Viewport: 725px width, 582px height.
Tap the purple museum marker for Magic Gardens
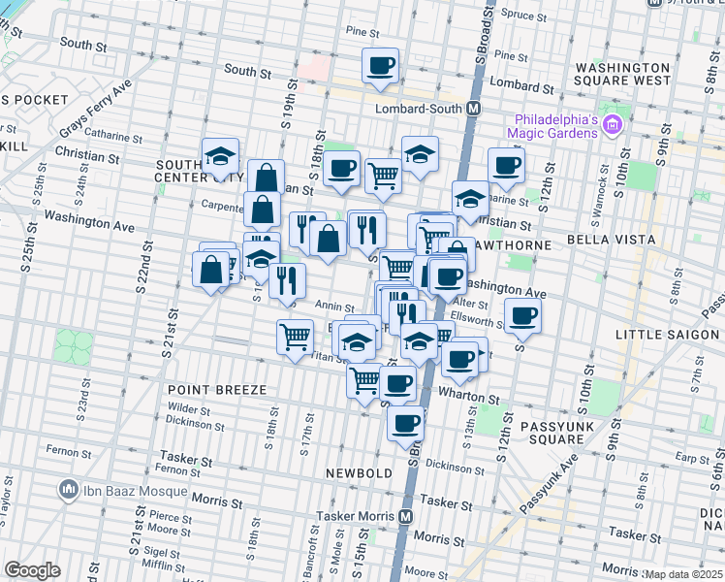coord(612,124)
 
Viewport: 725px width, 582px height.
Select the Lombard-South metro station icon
coord(473,108)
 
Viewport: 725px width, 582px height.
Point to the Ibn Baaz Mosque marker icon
coord(68,489)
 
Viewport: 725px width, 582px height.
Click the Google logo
coord(32,570)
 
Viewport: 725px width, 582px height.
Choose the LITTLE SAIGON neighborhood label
coord(668,335)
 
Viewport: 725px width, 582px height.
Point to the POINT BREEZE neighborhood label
coord(216,389)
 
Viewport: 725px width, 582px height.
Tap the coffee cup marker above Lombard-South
coord(380,66)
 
